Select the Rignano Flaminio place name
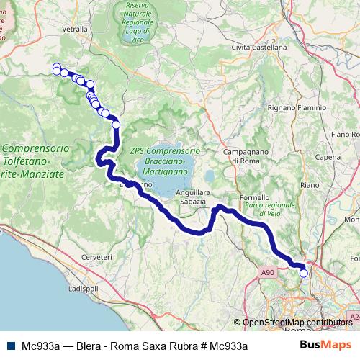(x=297, y=108)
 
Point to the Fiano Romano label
(x=344, y=134)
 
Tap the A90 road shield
(x=268, y=272)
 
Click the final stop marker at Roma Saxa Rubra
(x=303, y=273)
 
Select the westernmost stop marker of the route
(x=57, y=69)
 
